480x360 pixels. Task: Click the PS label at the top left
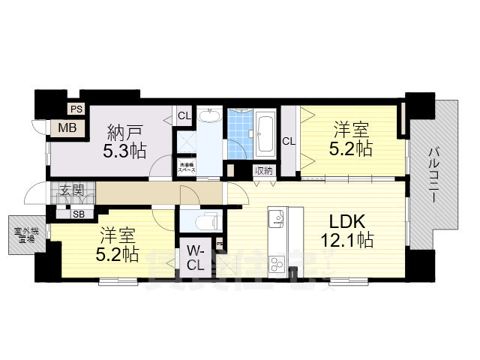coord(75,109)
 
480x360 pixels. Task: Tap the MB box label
coord(68,127)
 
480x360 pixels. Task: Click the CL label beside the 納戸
coord(183,116)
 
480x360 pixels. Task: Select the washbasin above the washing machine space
coord(211,118)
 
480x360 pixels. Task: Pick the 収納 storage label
coord(262,170)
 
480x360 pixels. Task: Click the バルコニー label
coord(433,173)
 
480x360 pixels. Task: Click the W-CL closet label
coord(195,256)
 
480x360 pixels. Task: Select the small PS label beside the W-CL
coord(219,244)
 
